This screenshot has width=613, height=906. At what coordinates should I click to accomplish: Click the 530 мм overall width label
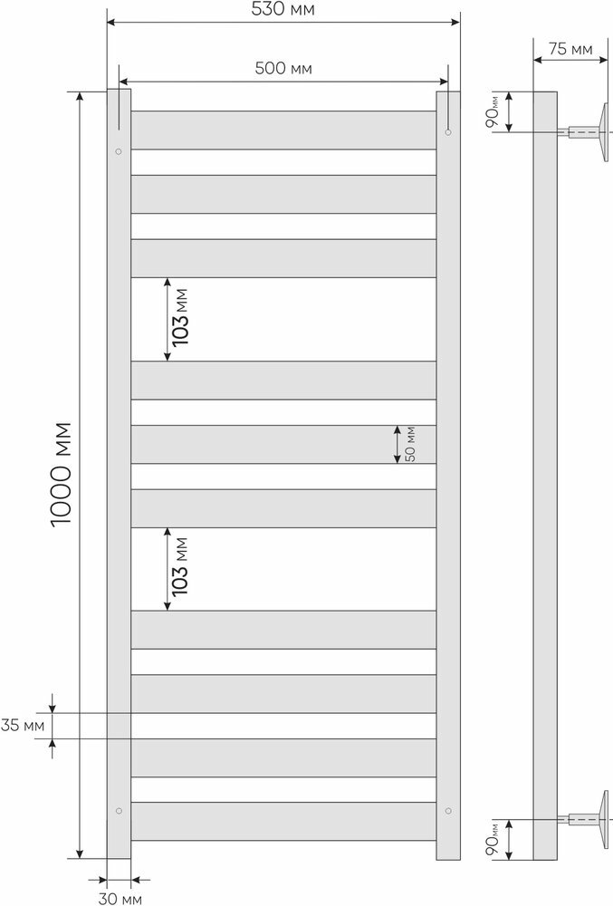click(x=283, y=10)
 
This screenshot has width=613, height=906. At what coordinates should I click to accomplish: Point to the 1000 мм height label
click(x=62, y=475)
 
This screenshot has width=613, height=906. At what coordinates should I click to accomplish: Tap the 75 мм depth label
click(x=572, y=49)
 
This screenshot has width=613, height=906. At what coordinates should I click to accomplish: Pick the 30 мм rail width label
click(x=120, y=897)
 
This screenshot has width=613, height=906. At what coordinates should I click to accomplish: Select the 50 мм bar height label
click(x=409, y=444)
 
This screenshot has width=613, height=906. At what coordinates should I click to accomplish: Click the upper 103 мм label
click(x=180, y=319)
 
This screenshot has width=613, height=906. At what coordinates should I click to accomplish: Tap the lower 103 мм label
click(x=180, y=568)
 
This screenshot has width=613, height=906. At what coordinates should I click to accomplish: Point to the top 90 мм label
click(x=492, y=112)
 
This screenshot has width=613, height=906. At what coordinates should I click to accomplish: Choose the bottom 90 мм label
click(x=492, y=839)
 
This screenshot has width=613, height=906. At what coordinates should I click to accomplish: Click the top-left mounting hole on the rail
click(x=119, y=151)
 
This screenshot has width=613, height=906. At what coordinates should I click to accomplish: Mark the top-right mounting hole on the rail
click(x=447, y=133)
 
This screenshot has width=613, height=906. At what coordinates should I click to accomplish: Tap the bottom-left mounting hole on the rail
click(x=119, y=809)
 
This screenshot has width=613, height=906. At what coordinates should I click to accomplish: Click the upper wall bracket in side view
click(x=593, y=132)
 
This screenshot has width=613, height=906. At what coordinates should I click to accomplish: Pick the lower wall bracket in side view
click(x=593, y=820)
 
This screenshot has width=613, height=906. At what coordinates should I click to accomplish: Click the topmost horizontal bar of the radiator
click(x=283, y=130)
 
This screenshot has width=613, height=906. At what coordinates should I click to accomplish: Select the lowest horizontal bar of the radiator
click(x=283, y=821)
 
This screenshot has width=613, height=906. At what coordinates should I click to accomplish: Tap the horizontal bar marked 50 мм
click(x=283, y=444)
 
